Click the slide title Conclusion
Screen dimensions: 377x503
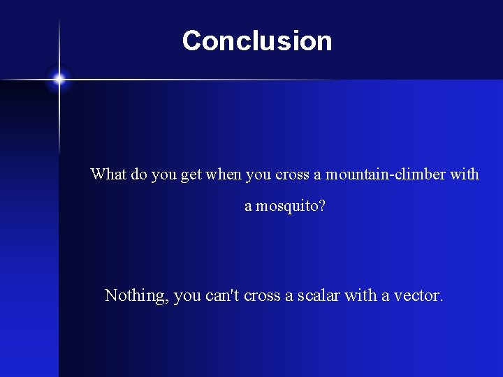(x=256, y=40)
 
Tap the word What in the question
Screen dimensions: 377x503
(x=108, y=174)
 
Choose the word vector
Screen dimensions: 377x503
(x=416, y=295)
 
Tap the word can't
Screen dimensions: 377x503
(x=222, y=295)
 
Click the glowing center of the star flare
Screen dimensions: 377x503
(x=59, y=80)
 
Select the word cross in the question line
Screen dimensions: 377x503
(x=292, y=174)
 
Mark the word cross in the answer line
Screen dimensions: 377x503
(x=261, y=295)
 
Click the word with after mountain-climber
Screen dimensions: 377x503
(x=465, y=174)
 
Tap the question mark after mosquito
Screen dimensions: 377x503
(x=321, y=207)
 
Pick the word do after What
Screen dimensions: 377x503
(x=139, y=174)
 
